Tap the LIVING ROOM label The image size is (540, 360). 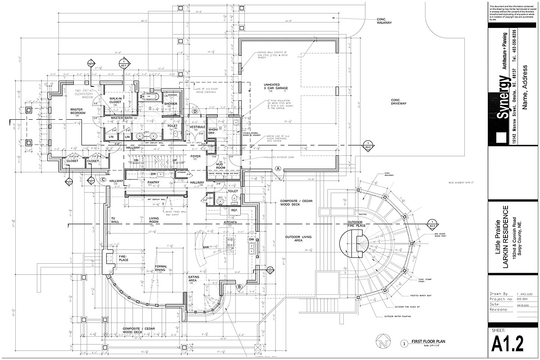click(154, 220)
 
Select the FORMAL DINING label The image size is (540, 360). click(161, 268)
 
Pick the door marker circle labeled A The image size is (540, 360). click(278, 168)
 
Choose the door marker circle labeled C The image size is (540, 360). click(103, 180)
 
